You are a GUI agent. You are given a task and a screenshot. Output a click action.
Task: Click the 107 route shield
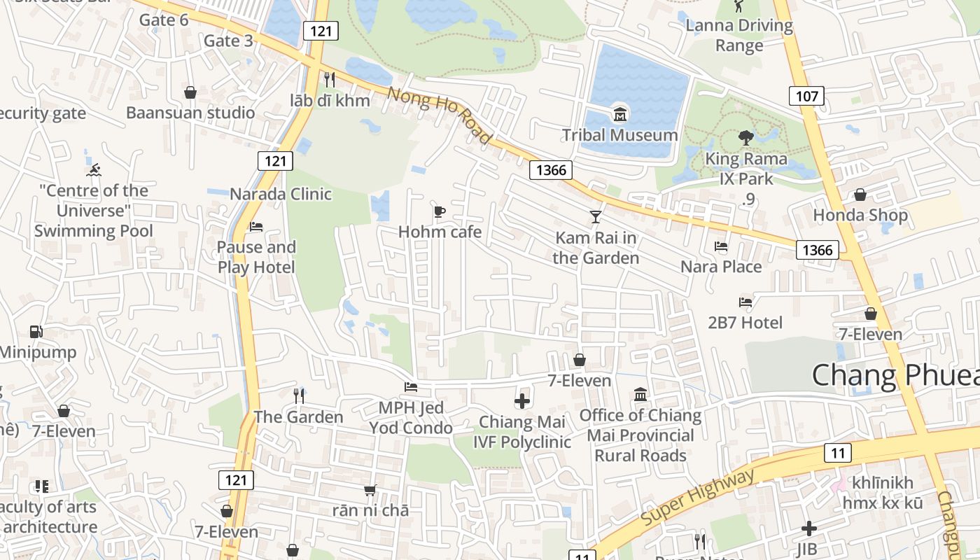[x=806, y=96]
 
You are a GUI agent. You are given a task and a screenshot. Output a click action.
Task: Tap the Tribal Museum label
[x=620, y=134]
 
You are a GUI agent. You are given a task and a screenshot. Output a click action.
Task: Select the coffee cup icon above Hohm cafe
[x=440, y=211]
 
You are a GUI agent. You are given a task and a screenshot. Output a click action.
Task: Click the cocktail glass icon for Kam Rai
[x=596, y=217]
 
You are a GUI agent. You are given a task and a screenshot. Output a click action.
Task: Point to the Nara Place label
[x=721, y=267]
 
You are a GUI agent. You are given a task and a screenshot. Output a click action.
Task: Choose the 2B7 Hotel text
[x=745, y=323]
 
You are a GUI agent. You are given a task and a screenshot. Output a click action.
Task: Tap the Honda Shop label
[x=860, y=215]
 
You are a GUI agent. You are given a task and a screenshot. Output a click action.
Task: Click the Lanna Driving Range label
[x=739, y=36]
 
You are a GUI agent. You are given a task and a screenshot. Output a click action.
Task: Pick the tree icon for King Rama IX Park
[x=745, y=138]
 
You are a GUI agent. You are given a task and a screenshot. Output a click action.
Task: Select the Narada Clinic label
[x=281, y=194]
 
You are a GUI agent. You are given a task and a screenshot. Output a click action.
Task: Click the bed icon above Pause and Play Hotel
[x=256, y=227]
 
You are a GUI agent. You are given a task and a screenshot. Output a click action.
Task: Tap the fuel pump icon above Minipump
[x=36, y=332]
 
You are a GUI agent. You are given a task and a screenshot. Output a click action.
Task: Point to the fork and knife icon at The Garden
[x=299, y=396]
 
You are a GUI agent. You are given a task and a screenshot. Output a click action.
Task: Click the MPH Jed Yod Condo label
[x=411, y=417]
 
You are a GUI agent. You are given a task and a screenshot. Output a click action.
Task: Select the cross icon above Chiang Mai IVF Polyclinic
[x=522, y=401]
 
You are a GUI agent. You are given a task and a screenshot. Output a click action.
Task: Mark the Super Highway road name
[x=698, y=498]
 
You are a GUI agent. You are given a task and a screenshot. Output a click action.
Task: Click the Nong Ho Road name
[x=440, y=115]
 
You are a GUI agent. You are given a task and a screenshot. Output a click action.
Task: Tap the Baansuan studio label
[x=190, y=112]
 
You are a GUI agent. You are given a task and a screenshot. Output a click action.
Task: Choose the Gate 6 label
[x=164, y=20]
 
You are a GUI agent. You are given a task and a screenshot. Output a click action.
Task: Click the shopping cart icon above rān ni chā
[x=370, y=490]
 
